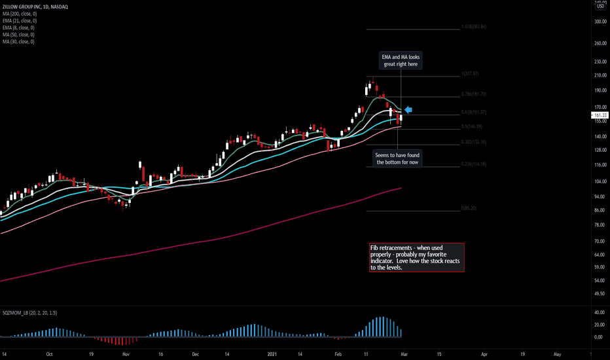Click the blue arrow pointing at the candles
pos(408,109)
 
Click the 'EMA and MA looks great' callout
pos(401,61)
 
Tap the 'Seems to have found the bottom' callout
pos(398,158)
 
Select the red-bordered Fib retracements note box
pos(416,258)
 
